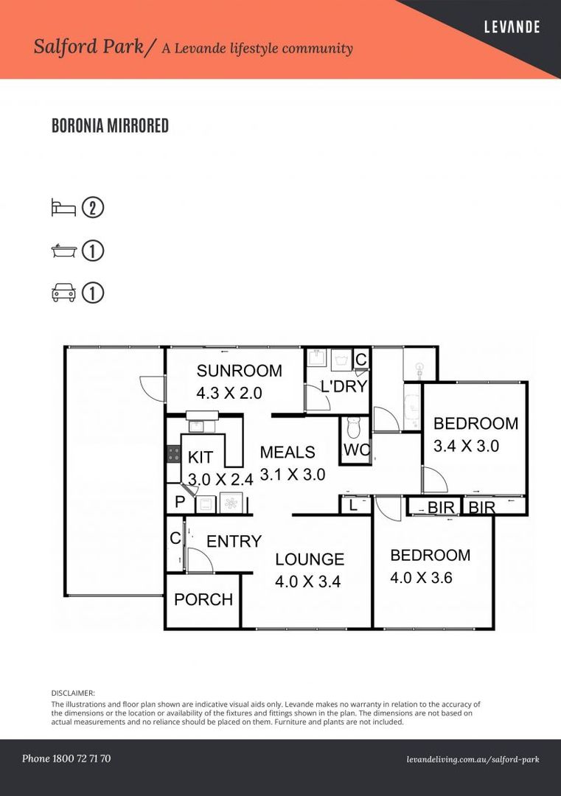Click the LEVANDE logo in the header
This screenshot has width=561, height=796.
(x=512, y=27)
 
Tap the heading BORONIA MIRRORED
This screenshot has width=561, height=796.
(x=110, y=125)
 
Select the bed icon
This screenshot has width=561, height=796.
(x=63, y=208)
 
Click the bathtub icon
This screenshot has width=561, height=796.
(x=64, y=251)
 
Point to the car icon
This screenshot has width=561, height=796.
(x=63, y=293)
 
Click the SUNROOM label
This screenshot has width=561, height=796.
(x=239, y=371)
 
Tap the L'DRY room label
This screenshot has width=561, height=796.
(x=344, y=386)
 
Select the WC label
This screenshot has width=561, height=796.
(x=357, y=450)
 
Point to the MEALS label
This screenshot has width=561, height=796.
(x=288, y=452)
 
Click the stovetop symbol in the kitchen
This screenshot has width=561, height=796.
(x=174, y=453)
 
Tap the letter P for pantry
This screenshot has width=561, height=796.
(x=180, y=502)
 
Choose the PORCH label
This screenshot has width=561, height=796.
(x=203, y=599)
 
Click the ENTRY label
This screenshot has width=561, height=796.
(x=234, y=541)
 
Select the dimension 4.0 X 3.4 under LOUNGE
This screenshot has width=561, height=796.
(x=307, y=582)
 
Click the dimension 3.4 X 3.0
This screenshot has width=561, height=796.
(x=466, y=446)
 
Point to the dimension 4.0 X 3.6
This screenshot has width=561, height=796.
(x=421, y=577)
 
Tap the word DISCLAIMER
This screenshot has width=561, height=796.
(x=73, y=693)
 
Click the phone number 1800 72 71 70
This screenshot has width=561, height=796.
(x=81, y=758)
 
